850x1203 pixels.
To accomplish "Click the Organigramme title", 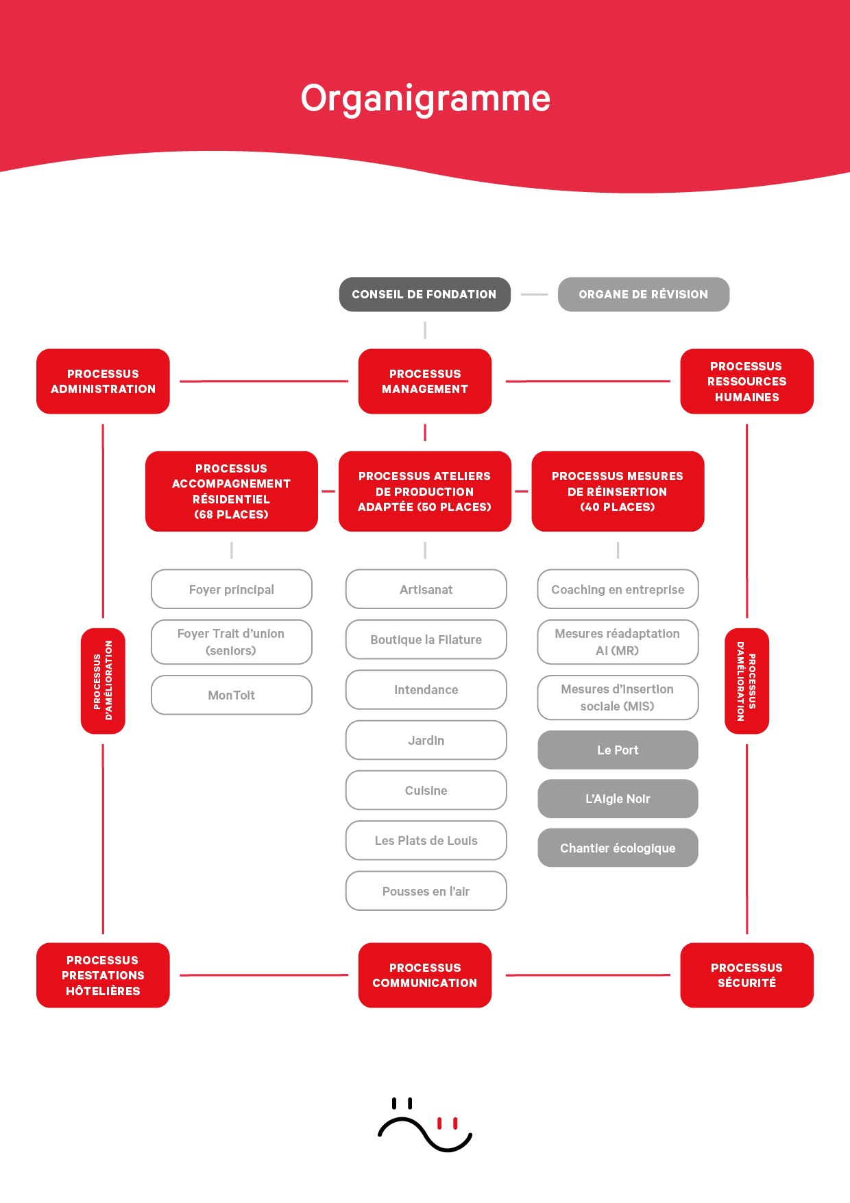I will pyautogui.click(x=425, y=99).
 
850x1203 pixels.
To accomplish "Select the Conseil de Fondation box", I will pyautogui.click(x=424, y=294).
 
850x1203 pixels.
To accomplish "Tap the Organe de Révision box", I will pyautogui.click(x=643, y=294).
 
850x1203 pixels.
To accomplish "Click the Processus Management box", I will pyautogui.click(x=424, y=381).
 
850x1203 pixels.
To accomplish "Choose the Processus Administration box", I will pyautogui.click(x=103, y=381).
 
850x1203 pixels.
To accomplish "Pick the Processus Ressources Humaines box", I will pyautogui.click(x=746, y=381).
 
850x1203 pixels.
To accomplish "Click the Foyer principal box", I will pyautogui.click(x=231, y=589).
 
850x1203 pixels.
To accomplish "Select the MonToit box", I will pyautogui.click(x=231, y=695).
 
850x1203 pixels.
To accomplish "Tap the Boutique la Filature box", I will pyautogui.click(x=426, y=639).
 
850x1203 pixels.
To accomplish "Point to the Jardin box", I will pyautogui.click(x=426, y=740).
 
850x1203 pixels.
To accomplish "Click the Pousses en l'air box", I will pyautogui.click(x=426, y=891).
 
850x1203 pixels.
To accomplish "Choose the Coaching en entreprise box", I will pyautogui.click(x=618, y=589).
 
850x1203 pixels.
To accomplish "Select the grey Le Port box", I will pyautogui.click(x=618, y=750).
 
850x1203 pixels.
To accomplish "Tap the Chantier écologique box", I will pyautogui.click(x=618, y=848).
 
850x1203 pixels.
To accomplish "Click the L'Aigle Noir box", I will pyautogui.click(x=618, y=798).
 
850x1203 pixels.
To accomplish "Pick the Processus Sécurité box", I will pyautogui.click(x=746, y=975).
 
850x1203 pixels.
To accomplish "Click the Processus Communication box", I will pyautogui.click(x=424, y=975).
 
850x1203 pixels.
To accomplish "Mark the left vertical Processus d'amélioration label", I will pyautogui.click(x=103, y=680).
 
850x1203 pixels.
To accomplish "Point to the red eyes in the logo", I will pyautogui.click(x=447, y=1123).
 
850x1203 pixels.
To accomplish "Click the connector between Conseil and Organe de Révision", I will pyautogui.click(x=534, y=294).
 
